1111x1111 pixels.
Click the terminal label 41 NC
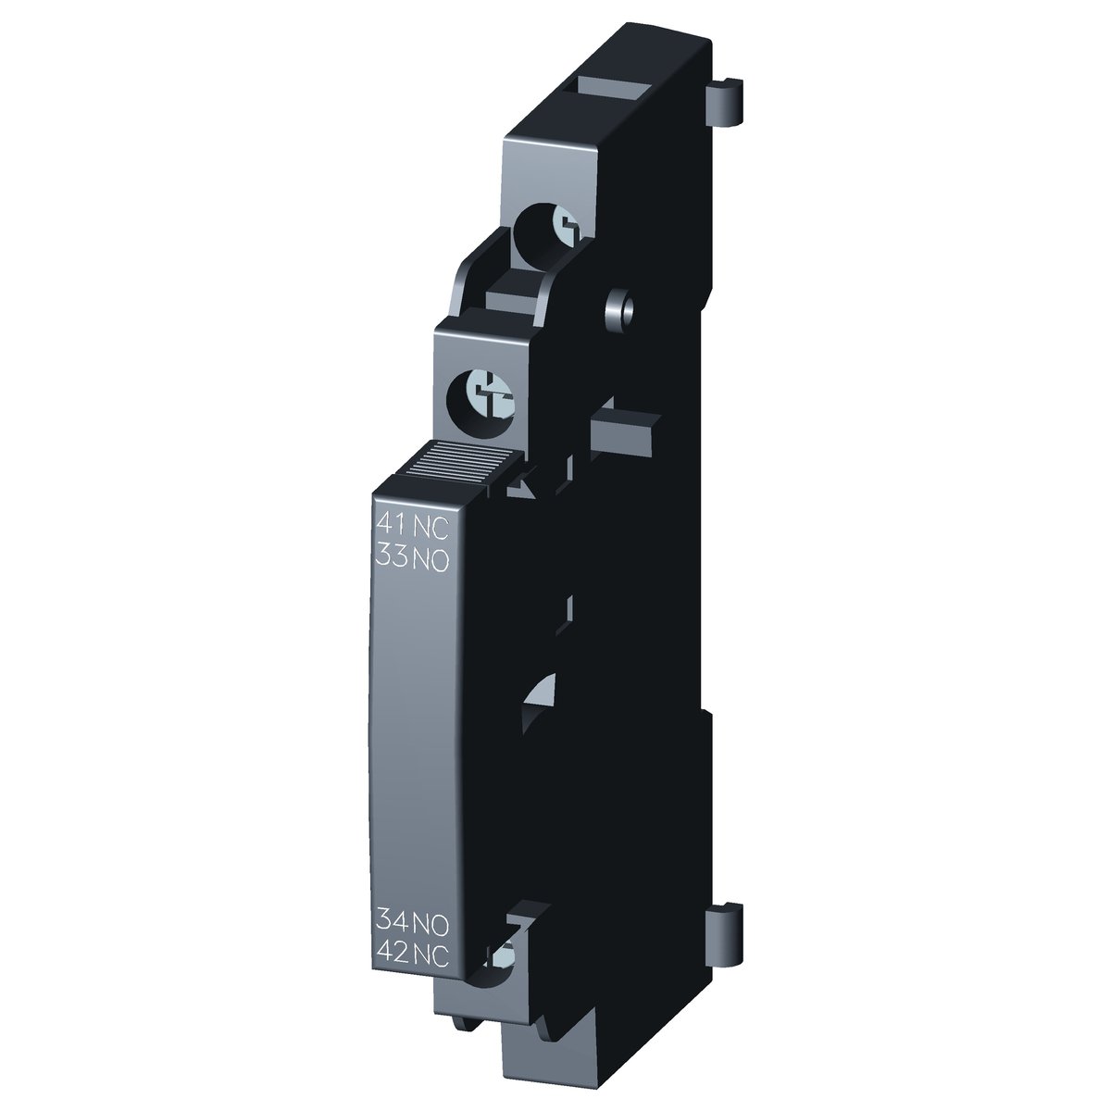click(x=412, y=527)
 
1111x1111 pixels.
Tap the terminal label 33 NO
click(x=412, y=558)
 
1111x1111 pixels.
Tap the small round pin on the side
click(x=620, y=308)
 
